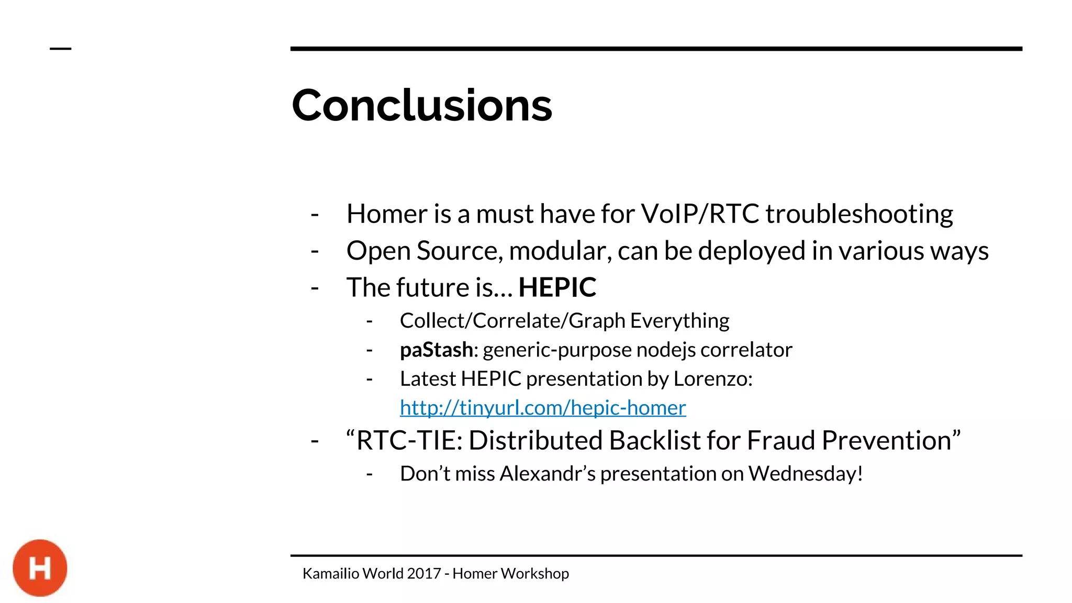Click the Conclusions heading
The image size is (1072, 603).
pos(421,106)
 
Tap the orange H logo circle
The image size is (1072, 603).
pos(40,568)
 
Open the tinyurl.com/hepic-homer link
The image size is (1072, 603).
pos(543,408)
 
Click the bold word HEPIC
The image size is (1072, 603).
pos(557,287)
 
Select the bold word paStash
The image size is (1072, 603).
pos(436,350)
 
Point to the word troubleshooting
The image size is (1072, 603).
pos(859,214)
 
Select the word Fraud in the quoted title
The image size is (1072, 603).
pos(781,440)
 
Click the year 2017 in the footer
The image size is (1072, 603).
pos(424,574)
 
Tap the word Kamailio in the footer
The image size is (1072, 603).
pos(331,574)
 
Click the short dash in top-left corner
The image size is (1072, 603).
pos(60,49)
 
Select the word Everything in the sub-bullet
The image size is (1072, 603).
pos(679,321)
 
